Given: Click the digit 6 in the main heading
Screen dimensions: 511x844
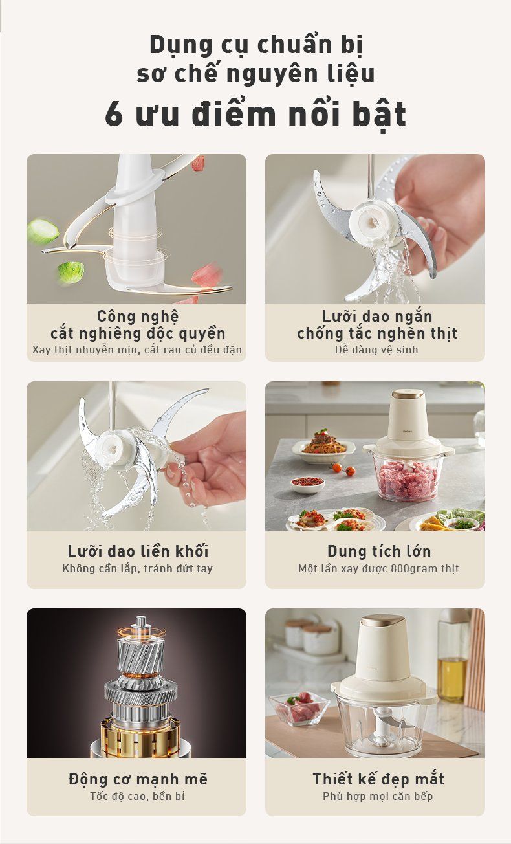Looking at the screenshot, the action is coord(114,114).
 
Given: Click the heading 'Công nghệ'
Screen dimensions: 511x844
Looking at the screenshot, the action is coord(138,316).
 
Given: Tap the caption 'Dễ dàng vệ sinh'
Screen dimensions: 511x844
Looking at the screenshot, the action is coord(376,350).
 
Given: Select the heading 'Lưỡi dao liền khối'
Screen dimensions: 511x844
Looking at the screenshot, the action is coord(138,551).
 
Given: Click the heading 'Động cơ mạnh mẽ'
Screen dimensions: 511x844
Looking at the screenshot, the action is coord(138,779).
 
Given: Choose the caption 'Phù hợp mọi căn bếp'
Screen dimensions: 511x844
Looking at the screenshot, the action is coord(378,797).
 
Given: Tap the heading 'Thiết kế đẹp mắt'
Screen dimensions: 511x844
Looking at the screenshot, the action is coord(378,779).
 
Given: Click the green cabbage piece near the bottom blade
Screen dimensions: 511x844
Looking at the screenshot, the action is coord(71,272).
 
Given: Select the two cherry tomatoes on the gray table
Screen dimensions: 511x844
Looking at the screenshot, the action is coord(343,469).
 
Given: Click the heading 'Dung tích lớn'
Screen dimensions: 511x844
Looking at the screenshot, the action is coord(379,551).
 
